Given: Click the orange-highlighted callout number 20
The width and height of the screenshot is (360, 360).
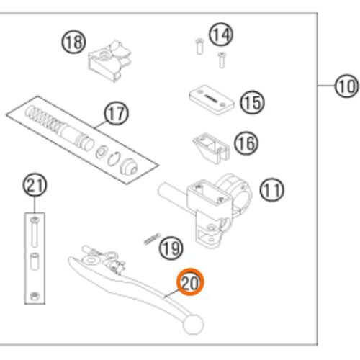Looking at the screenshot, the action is tap(190, 282).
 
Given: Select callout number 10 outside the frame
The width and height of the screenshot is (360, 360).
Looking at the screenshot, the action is tap(346, 86).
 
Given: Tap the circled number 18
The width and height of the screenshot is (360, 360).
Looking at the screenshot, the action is tap(74, 42).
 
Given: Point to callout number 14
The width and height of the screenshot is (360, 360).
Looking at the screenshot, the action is tap(221, 35).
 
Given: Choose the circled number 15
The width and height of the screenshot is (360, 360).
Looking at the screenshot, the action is tap(252, 102).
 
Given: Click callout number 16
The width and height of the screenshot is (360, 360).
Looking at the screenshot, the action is tap(246, 143).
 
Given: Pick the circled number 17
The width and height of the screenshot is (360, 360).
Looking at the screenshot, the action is tap(117, 113).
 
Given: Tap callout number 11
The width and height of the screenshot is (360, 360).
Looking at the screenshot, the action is tap(271, 190).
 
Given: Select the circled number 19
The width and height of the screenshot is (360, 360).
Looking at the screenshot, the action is tap(171, 248).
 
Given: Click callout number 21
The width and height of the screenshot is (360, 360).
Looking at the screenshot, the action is tap(35, 185).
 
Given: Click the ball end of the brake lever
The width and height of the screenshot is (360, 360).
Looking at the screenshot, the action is tap(194, 324).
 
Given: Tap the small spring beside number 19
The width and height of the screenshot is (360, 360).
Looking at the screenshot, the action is tap(152, 239).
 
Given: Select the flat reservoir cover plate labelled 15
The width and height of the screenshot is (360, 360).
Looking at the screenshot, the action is tap(212, 99).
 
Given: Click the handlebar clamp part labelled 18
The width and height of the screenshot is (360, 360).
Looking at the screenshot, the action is tap(110, 60).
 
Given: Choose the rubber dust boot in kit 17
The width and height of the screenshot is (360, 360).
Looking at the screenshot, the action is tap(128, 166).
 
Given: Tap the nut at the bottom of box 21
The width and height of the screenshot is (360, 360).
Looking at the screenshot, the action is tap(35, 296).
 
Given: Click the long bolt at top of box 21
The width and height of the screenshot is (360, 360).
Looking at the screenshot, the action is tap(34, 232).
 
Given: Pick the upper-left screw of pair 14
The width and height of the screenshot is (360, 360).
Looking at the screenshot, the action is tap(199, 46).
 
